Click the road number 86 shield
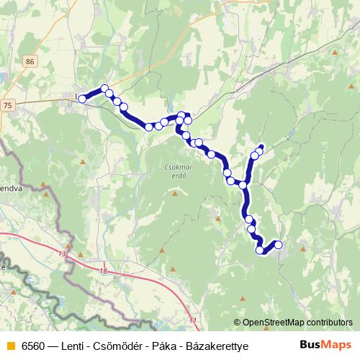pyautogui.click(x=29, y=62)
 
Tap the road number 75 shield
pyautogui.click(x=8, y=105)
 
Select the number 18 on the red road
pyautogui.click(x=103, y=271)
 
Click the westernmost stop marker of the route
pyautogui.click(x=83, y=99)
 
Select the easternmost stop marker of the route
pyautogui.click(x=278, y=245)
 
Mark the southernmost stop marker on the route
pyautogui.click(x=260, y=250)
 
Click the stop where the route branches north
pyautogui.click(x=243, y=185)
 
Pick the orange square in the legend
pyautogui.click(x=10, y=346)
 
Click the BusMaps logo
pyautogui.click(x=325, y=345)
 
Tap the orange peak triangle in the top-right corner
pyautogui.click(x=336, y=52)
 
